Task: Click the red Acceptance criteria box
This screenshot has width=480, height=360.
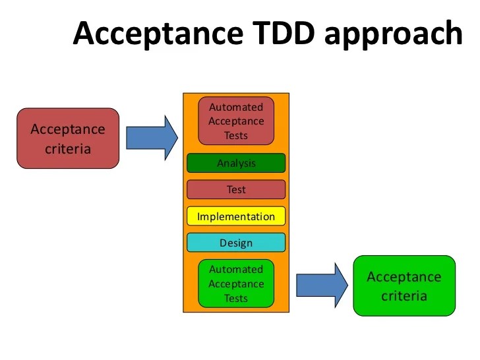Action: tap(68, 138)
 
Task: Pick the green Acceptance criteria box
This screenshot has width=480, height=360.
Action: tap(404, 285)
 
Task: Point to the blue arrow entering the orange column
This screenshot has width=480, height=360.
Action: tap(152, 138)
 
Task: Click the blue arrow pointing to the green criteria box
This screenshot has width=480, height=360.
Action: tap(321, 285)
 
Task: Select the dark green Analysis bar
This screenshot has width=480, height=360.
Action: tap(236, 163)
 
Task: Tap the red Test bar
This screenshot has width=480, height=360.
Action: tap(236, 189)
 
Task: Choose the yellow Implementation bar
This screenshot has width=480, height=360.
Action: tap(236, 216)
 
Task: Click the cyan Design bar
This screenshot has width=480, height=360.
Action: tap(236, 243)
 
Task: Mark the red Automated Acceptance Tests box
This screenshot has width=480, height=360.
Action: tap(236, 121)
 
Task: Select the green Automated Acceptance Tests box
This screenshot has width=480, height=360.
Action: tap(236, 284)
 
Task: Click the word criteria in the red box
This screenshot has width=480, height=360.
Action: tap(68, 148)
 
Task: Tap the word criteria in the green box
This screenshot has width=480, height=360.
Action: tap(404, 295)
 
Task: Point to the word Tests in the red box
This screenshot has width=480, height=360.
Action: tap(236, 136)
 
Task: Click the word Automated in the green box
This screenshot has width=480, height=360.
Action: tap(236, 269)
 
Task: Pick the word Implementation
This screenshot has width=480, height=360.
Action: tap(236, 216)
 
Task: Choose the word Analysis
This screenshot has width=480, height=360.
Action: tap(236, 163)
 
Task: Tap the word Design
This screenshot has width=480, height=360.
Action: tap(236, 243)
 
